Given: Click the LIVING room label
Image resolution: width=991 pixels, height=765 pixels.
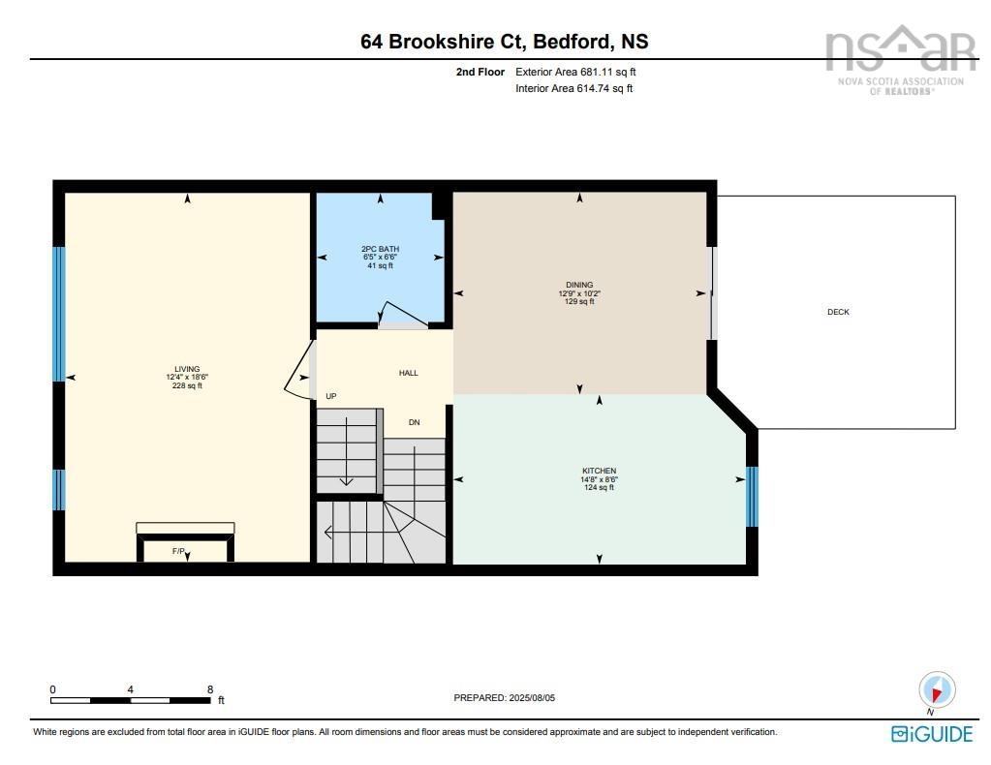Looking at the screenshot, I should (187, 369).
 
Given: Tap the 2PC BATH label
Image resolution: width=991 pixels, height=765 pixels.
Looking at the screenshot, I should (380, 249).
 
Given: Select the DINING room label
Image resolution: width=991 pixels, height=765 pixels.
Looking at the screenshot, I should (579, 285).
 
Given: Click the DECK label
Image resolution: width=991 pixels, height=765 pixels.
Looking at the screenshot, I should (838, 312).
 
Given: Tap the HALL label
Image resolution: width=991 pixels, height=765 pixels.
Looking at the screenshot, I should (409, 373).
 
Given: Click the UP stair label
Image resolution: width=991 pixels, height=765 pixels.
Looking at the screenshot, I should (331, 396).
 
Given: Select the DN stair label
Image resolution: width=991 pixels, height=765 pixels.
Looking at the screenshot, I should (414, 422).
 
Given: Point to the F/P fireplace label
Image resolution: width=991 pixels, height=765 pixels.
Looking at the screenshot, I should (178, 551).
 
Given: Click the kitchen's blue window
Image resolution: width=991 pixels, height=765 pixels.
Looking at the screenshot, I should (752, 497).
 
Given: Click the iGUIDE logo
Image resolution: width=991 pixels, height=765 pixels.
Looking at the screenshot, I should (931, 733).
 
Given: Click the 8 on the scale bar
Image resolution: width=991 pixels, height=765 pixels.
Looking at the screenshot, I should (210, 689).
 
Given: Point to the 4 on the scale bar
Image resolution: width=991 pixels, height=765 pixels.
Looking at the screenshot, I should (130, 689).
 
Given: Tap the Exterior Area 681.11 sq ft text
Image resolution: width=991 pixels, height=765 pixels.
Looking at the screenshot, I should (575, 72).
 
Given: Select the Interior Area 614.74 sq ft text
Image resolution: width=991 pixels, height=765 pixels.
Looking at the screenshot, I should (574, 88).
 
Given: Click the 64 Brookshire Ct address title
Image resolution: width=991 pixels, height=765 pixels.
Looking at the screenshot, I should (504, 42).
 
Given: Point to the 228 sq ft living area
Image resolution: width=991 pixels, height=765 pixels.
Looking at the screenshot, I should (187, 385).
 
